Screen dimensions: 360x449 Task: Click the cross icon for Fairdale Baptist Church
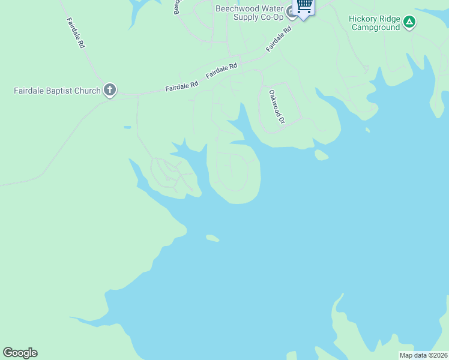click(x=109, y=90)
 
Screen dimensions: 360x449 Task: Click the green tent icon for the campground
click(x=409, y=22)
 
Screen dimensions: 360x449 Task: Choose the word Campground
click(x=375, y=27)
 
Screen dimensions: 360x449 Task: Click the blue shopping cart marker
click(x=304, y=6)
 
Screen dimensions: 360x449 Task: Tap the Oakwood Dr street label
click(x=276, y=107)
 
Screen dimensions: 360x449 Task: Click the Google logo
click(x=20, y=353)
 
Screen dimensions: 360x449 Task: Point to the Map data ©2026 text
click(x=423, y=355)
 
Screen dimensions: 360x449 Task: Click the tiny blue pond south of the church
click(x=127, y=127)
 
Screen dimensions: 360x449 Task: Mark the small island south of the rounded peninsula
click(x=212, y=238)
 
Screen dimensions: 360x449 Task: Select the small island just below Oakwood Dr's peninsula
click(x=321, y=155)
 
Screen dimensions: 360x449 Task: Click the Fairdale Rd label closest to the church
click(x=181, y=87)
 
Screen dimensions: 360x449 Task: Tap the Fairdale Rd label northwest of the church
click(x=75, y=32)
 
